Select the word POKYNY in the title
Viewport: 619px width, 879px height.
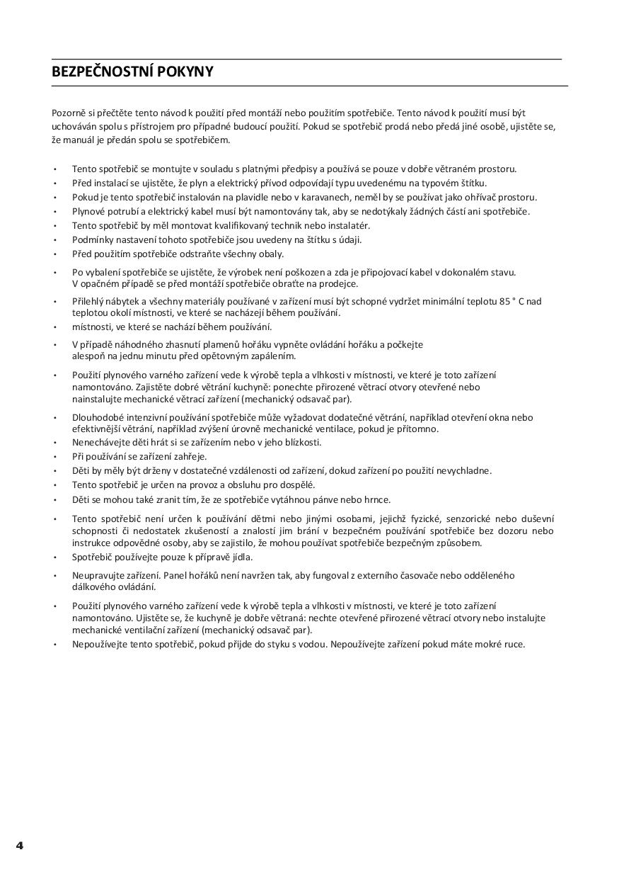tap(188, 72)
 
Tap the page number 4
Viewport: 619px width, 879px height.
tap(19, 845)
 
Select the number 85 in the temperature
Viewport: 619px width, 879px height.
tap(504, 301)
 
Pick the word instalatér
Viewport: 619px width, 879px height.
tap(346, 225)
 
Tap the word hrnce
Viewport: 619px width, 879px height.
tap(377, 499)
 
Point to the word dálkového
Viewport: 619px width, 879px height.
tap(94, 587)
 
